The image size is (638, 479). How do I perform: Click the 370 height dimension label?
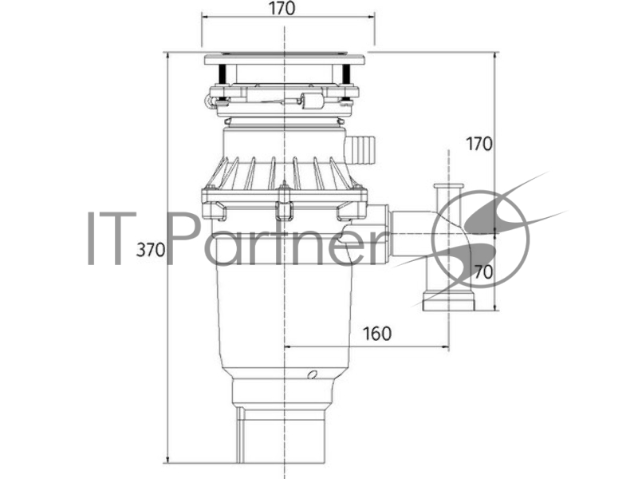[x=151, y=250]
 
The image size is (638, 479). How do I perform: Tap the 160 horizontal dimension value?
[x=376, y=334]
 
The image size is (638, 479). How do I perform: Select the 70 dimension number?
[x=483, y=272]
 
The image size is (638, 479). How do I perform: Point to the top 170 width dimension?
[x=282, y=8]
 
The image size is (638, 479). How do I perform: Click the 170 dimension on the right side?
[x=479, y=144]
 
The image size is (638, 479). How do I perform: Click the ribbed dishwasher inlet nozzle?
[x=360, y=149]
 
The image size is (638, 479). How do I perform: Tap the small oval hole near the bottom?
[x=313, y=374]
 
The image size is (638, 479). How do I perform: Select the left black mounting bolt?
[x=223, y=74]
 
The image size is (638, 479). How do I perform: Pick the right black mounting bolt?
[x=346, y=74]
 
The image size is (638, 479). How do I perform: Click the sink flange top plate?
[x=285, y=59]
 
